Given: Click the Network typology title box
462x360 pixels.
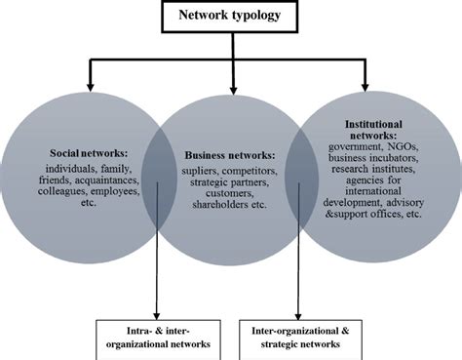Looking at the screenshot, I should (x=231, y=17).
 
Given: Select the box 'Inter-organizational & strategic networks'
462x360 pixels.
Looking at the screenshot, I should (x=301, y=338).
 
